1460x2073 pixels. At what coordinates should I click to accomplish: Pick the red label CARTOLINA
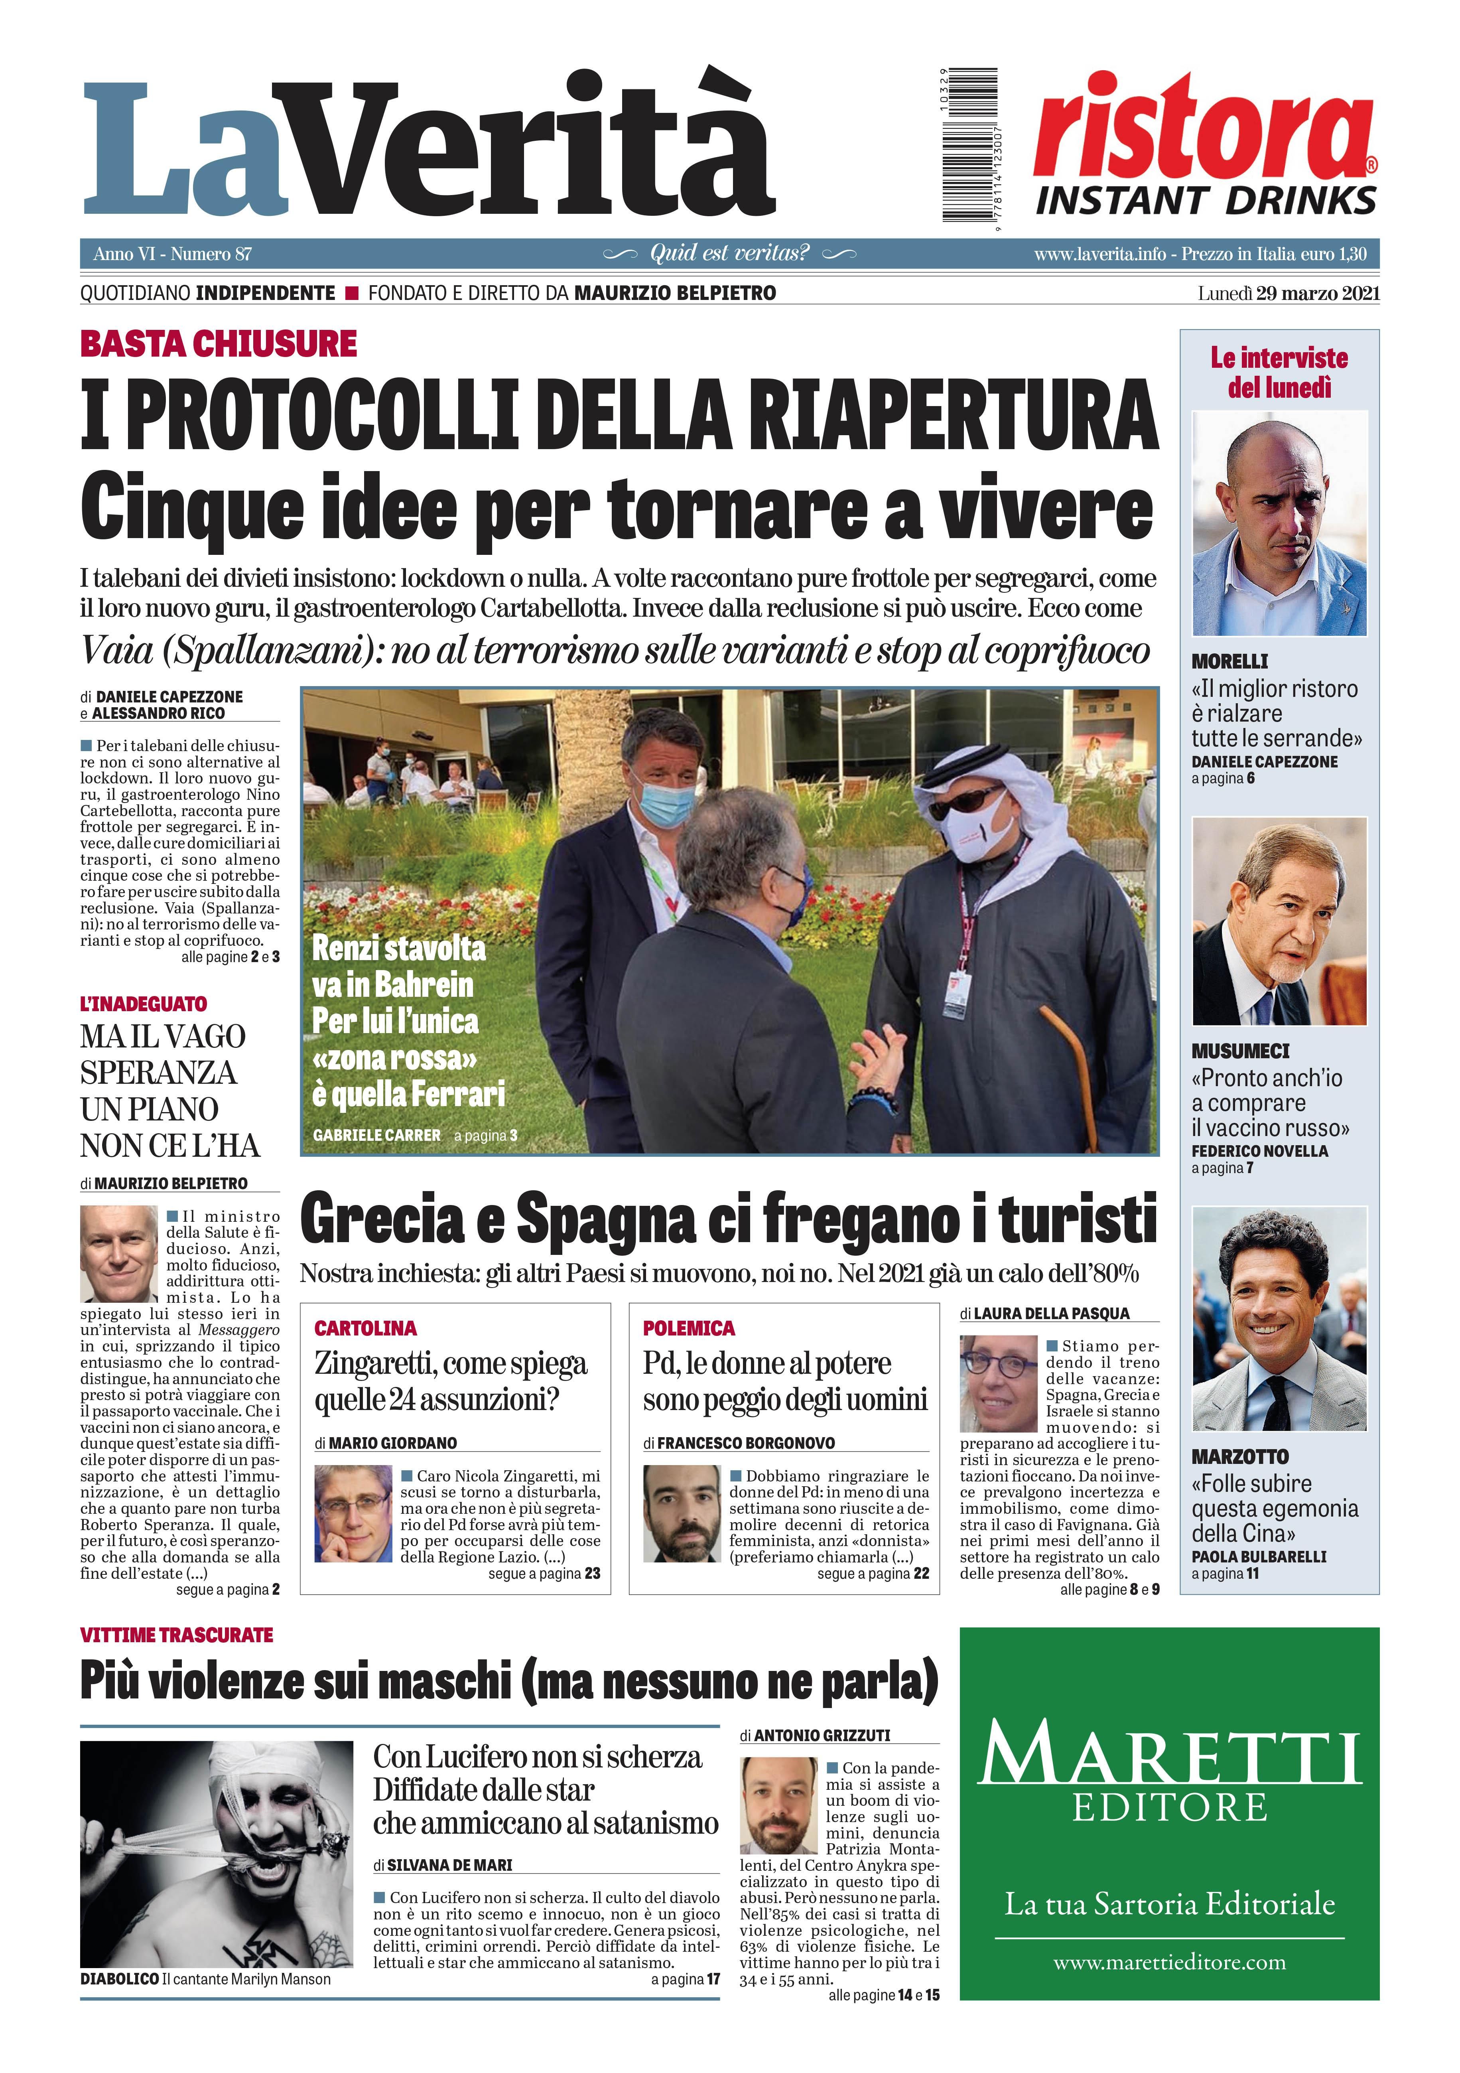tap(366, 1328)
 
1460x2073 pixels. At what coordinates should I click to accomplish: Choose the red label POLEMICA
tap(689, 1328)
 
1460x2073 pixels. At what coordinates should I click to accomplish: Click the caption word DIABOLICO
tap(119, 1979)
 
